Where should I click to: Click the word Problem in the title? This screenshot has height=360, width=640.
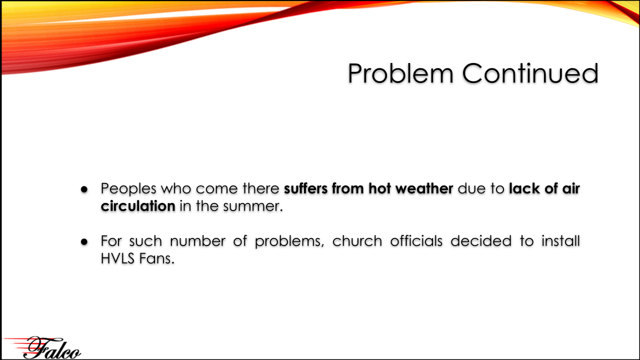[400, 73]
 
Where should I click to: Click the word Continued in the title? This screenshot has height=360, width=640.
[530, 73]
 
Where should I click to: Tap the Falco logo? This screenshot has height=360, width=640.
[43, 347]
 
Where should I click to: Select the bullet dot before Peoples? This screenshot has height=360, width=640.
[84, 189]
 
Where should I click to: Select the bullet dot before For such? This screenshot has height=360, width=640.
[84, 242]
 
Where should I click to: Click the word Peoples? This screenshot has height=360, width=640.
[128, 189]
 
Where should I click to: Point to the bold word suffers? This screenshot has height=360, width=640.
[305, 188]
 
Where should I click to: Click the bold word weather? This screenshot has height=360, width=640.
[424, 188]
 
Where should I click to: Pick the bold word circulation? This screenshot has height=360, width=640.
[138, 206]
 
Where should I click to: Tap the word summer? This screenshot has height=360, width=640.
[253, 206]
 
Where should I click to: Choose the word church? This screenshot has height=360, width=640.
[357, 241]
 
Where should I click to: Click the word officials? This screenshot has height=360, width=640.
[416, 241]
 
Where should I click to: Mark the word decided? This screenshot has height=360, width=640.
[481, 241]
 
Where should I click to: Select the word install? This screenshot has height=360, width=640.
[560, 241]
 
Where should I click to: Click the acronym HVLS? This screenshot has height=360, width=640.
[117, 258]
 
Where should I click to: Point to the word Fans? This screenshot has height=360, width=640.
[156, 258]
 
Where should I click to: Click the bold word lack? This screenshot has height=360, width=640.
[524, 188]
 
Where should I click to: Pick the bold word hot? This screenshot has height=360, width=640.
[379, 188]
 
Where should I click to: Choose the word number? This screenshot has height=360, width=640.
[197, 241]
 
